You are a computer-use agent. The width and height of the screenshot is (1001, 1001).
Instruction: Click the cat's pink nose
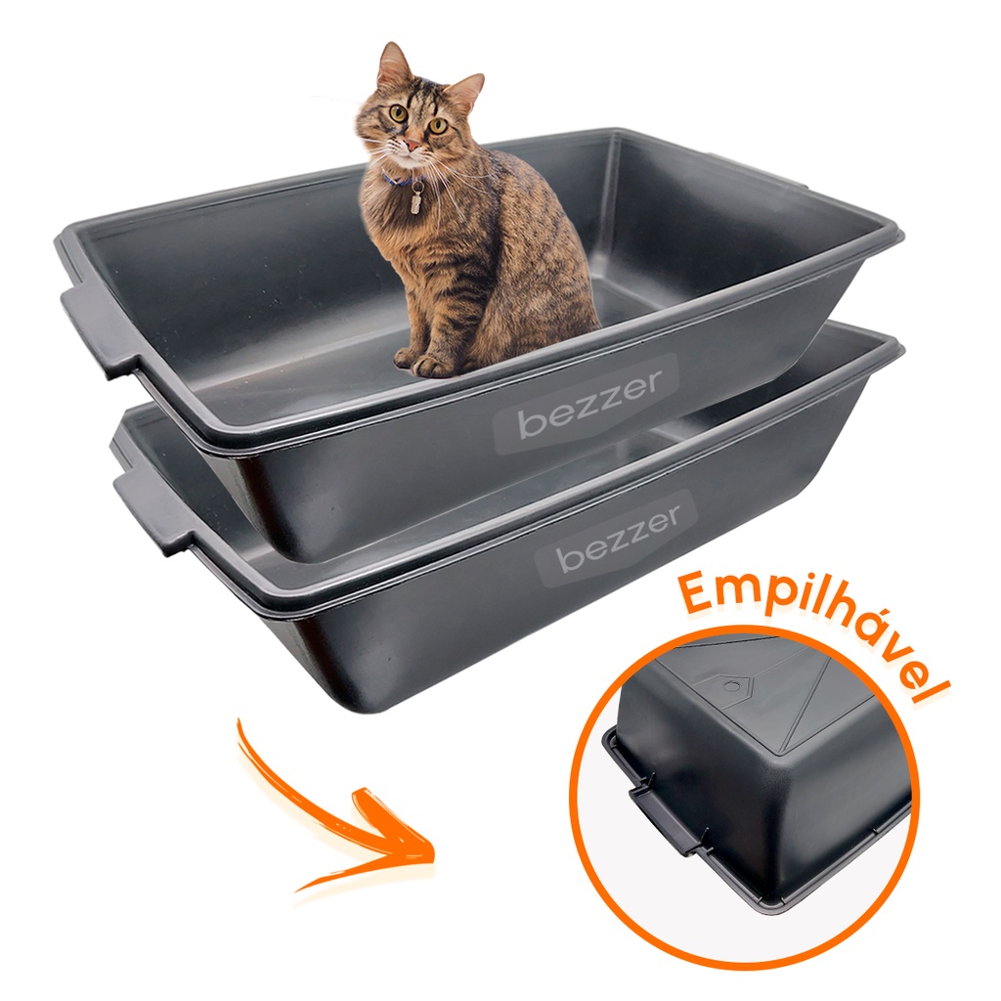click(x=413, y=146)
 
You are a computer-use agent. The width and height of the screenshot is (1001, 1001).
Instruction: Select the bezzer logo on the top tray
click(x=588, y=404)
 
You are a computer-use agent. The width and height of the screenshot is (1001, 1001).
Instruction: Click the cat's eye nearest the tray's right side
click(x=438, y=126)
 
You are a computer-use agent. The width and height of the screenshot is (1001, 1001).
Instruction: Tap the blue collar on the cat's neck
click(x=397, y=180)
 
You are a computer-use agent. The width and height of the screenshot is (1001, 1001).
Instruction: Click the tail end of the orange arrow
click(x=240, y=722)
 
